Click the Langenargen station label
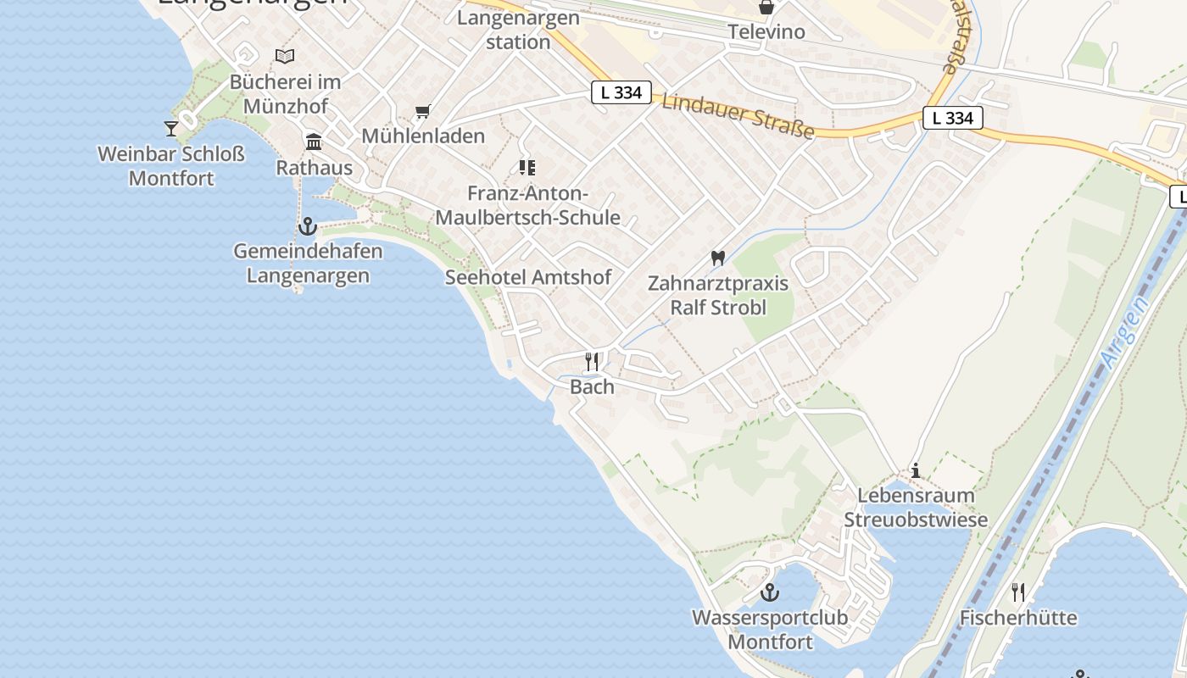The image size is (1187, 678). pyautogui.click(x=518, y=30)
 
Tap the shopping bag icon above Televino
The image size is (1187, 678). pyautogui.click(x=766, y=8)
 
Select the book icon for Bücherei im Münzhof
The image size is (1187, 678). pyautogui.click(x=285, y=57)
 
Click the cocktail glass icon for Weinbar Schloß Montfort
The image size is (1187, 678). pyautogui.click(x=171, y=128)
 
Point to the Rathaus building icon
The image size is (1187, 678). pyautogui.click(x=314, y=142)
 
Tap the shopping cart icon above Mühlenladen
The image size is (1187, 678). pyautogui.click(x=423, y=111)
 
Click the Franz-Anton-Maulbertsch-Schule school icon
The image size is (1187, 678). pyautogui.click(x=527, y=168)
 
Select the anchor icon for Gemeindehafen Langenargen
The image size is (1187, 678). pyautogui.click(x=307, y=226)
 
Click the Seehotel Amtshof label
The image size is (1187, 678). pyautogui.click(x=528, y=277)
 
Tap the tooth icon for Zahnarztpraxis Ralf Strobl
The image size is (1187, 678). pyautogui.click(x=718, y=258)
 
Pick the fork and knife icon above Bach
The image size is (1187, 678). pyautogui.click(x=592, y=362)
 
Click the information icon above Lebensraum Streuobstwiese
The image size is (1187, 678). pyautogui.click(x=916, y=470)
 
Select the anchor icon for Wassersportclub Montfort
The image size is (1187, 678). pyautogui.click(x=770, y=592)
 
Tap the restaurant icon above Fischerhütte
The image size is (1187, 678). pyautogui.click(x=1018, y=592)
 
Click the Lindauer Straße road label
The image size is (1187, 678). pyautogui.click(x=738, y=115)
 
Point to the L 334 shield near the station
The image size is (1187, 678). pyautogui.click(x=621, y=92)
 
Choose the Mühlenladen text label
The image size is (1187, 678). pyautogui.click(x=423, y=136)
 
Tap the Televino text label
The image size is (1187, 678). pyautogui.click(x=766, y=32)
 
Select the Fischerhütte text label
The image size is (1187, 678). pyautogui.click(x=1018, y=617)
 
